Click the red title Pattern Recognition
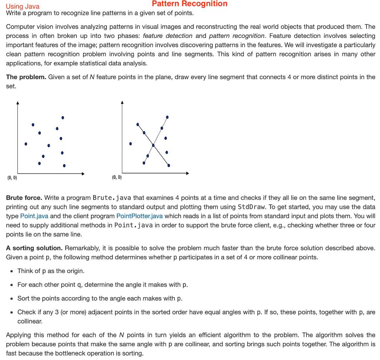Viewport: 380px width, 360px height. click(190, 4)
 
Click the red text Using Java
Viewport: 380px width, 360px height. click(23, 6)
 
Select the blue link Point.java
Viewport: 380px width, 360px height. click(34, 216)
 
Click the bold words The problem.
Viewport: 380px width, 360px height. click(26, 77)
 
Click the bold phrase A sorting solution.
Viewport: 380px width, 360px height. click(34, 248)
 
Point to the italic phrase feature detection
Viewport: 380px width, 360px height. click(167, 36)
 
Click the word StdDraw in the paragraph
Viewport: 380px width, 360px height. click(250, 207)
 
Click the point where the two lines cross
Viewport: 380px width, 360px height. click(153, 145)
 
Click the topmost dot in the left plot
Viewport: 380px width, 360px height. click(63, 117)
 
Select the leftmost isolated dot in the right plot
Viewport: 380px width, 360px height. click(130, 144)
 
